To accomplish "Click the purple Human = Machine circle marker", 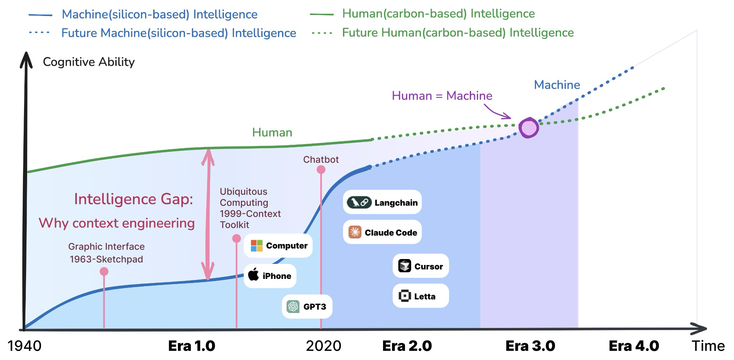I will [529, 128].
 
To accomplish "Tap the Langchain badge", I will [382, 202].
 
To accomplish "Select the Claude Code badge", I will [382, 232].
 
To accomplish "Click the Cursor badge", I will [420, 266].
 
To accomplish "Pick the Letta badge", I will [420, 296].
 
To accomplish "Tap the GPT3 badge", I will [307, 306].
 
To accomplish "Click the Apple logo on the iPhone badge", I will [254, 275].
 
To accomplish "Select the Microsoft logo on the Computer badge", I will [257, 245].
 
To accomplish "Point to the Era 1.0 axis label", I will [192, 346].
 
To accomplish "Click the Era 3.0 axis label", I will [530, 346].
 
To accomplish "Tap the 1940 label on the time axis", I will [24, 346].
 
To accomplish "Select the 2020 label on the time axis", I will [323, 346].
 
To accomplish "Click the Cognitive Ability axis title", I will [88, 62].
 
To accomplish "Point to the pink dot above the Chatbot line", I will [321, 170].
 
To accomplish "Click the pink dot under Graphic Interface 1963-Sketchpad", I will [104, 272].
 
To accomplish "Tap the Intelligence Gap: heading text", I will [133, 199].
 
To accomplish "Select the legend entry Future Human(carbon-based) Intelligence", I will [458, 33].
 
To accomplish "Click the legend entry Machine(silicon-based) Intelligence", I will [159, 15].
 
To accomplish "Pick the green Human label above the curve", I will [272, 133].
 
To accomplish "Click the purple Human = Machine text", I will [442, 96].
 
